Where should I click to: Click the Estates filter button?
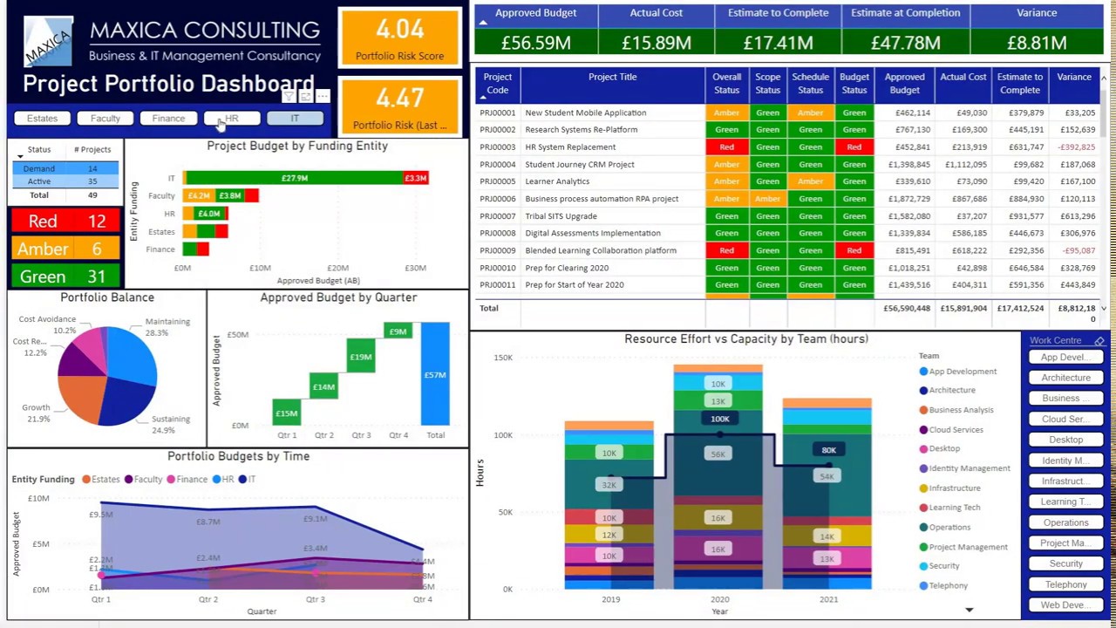pyautogui.click(x=42, y=119)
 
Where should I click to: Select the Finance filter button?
pyautogui.click(x=168, y=119)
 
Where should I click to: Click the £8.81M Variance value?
pyautogui.click(x=1037, y=42)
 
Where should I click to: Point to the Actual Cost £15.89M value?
pyautogui.click(x=656, y=42)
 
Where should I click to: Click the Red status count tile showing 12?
pyautogui.click(x=65, y=222)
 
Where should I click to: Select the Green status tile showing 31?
pyautogui.click(x=65, y=276)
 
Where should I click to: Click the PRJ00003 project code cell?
pyautogui.click(x=498, y=147)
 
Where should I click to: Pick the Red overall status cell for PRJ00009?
pyautogui.click(x=726, y=251)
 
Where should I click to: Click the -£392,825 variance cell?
pyautogui.click(x=1076, y=147)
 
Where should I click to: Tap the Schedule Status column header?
pyautogui.click(x=810, y=84)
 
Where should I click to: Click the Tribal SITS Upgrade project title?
pyautogui.click(x=561, y=216)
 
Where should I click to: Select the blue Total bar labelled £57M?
pyautogui.click(x=435, y=374)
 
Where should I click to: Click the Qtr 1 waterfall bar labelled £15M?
pyautogui.click(x=287, y=413)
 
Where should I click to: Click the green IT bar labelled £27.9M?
pyautogui.click(x=294, y=178)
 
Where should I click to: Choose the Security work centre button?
pyautogui.click(x=1065, y=564)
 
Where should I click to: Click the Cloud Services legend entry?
pyautogui.click(x=956, y=430)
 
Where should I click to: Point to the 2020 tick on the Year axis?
pyautogui.click(x=719, y=599)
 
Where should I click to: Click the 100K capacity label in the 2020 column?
pyautogui.click(x=719, y=419)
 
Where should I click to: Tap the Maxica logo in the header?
pyautogui.click(x=47, y=43)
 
